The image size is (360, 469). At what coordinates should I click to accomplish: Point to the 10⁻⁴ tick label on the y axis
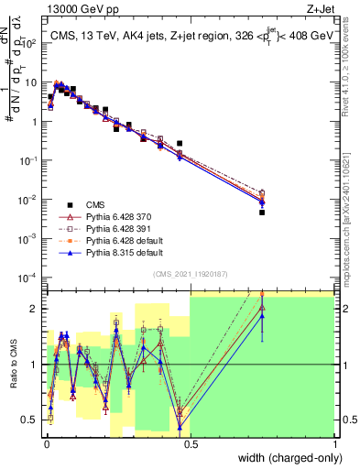(x=31, y=277)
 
